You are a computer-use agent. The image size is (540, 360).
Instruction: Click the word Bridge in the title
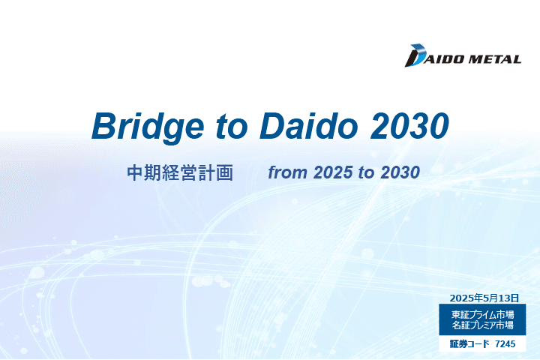(148, 127)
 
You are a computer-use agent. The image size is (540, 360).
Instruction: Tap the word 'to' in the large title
(232, 126)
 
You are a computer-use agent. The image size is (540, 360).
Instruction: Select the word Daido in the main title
(308, 125)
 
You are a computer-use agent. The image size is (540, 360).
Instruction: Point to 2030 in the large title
(409, 126)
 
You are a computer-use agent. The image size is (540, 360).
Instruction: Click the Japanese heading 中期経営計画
(180, 173)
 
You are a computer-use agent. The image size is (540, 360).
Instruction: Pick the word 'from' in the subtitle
(287, 172)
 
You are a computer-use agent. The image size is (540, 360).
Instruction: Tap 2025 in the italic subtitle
(333, 172)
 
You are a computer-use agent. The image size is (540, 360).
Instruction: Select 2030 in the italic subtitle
(400, 172)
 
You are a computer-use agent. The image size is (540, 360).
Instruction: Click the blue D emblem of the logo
(415, 55)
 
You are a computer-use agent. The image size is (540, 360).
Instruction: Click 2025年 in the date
(466, 298)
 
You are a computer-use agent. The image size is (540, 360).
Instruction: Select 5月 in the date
(488, 298)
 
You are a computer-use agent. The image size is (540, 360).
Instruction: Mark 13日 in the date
(507, 298)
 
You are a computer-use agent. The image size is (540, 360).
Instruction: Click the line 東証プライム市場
(482, 314)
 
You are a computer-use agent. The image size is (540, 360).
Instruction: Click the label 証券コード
(469, 343)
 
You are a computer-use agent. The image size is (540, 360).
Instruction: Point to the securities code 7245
(505, 343)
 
